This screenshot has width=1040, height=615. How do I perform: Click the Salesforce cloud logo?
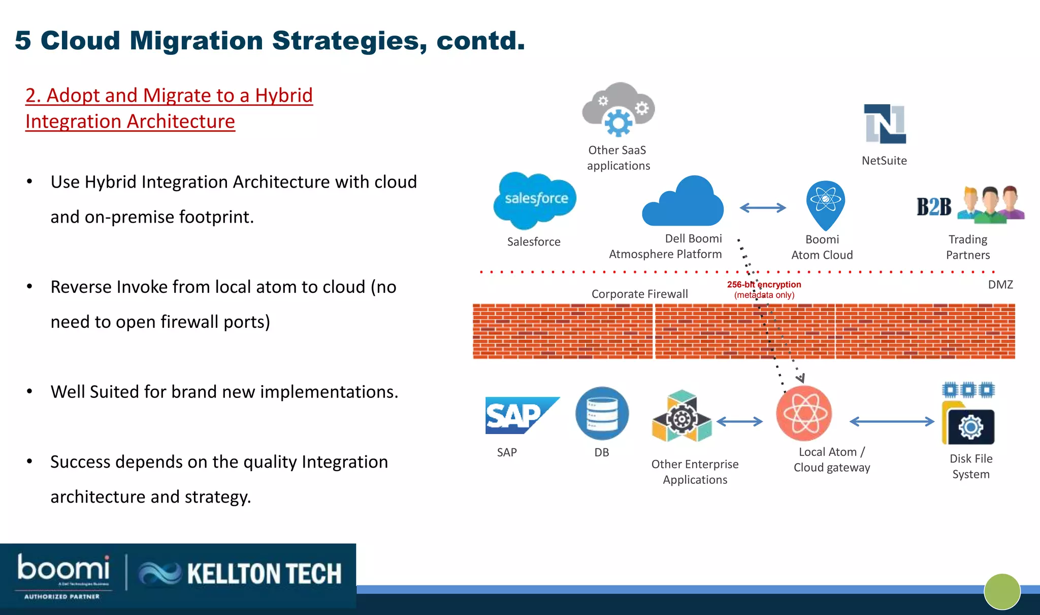point(535,200)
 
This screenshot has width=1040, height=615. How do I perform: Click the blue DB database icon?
point(602,413)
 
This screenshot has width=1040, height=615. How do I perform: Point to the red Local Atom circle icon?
point(804,413)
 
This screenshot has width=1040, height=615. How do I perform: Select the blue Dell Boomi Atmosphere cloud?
point(683,203)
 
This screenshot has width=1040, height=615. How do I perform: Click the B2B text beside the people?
point(933,207)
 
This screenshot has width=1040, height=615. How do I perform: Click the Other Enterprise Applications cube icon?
point(681,416)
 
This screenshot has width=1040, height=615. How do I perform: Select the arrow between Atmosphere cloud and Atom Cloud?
point(763,207)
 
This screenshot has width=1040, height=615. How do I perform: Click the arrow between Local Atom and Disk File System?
point(892,421)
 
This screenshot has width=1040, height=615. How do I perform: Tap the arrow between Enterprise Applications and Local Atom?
point(739,421)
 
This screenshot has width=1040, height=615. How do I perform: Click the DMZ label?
point(1000,285)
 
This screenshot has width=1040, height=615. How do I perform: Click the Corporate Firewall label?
point(639,294)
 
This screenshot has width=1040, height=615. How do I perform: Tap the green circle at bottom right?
point(1002,591)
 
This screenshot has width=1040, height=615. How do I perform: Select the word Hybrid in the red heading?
point(283,96)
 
